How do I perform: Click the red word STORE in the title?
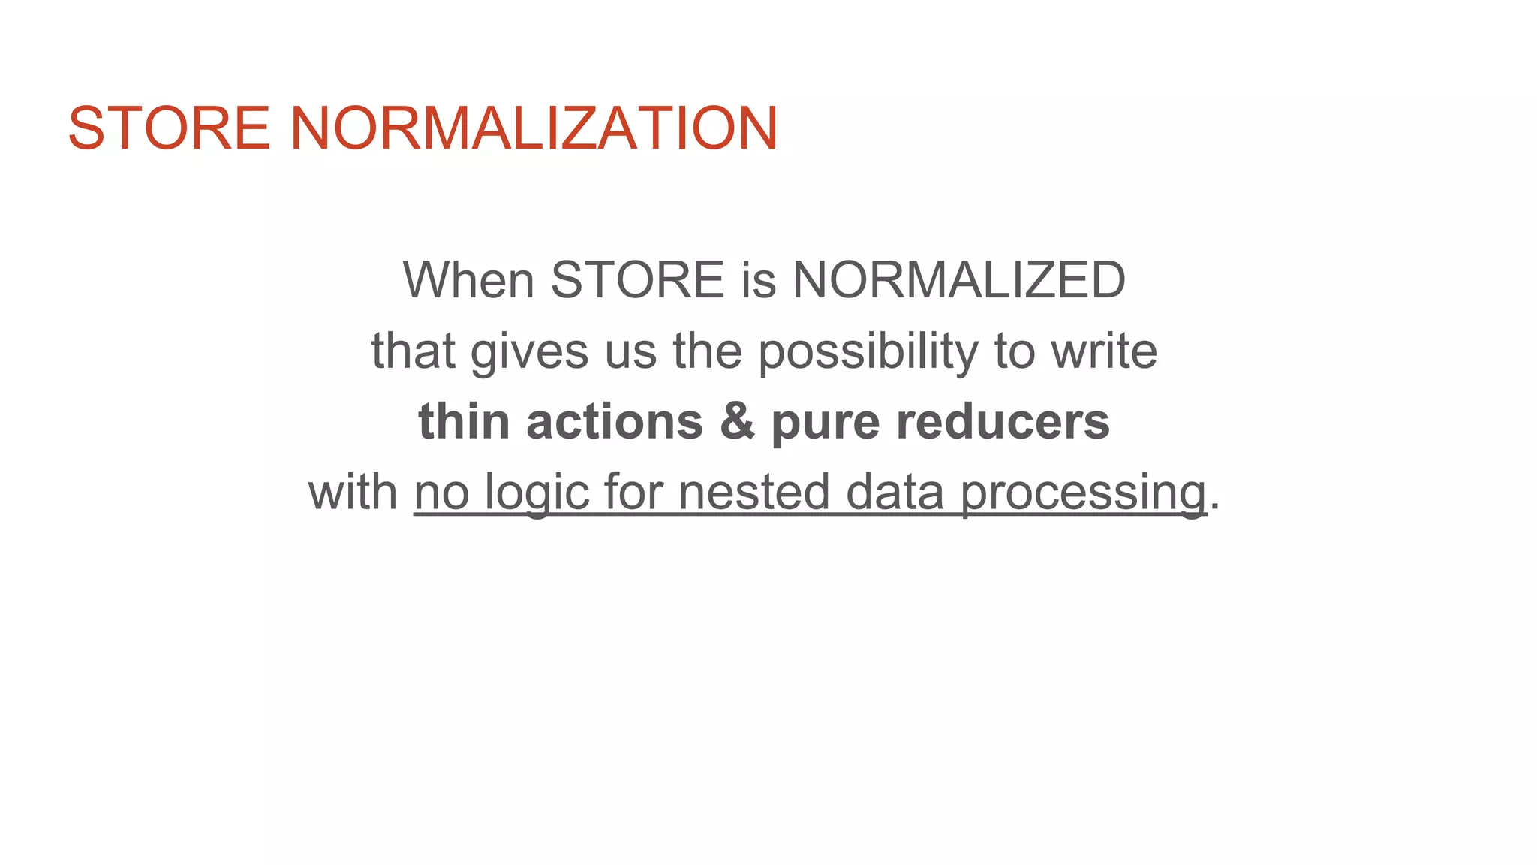tap(169, 128)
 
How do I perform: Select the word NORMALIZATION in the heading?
tap(534, 128)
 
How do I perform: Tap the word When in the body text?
tap(468, 280)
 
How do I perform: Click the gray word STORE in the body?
tap(637, 280)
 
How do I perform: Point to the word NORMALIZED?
tap(958, 280)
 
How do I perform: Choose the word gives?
tap(529, 352)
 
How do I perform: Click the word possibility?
tap(868, 352)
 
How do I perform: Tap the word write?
tap(1104, 351)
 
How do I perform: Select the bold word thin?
tap(464, 421)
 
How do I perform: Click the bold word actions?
tap(615, 421)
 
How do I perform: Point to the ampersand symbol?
tap(737, 421)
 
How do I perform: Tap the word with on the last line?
tap(353, 492)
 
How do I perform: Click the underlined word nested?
tap(753, 492)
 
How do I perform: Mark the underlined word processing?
tap(1083, 493)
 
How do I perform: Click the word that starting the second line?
tap(413, 351)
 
